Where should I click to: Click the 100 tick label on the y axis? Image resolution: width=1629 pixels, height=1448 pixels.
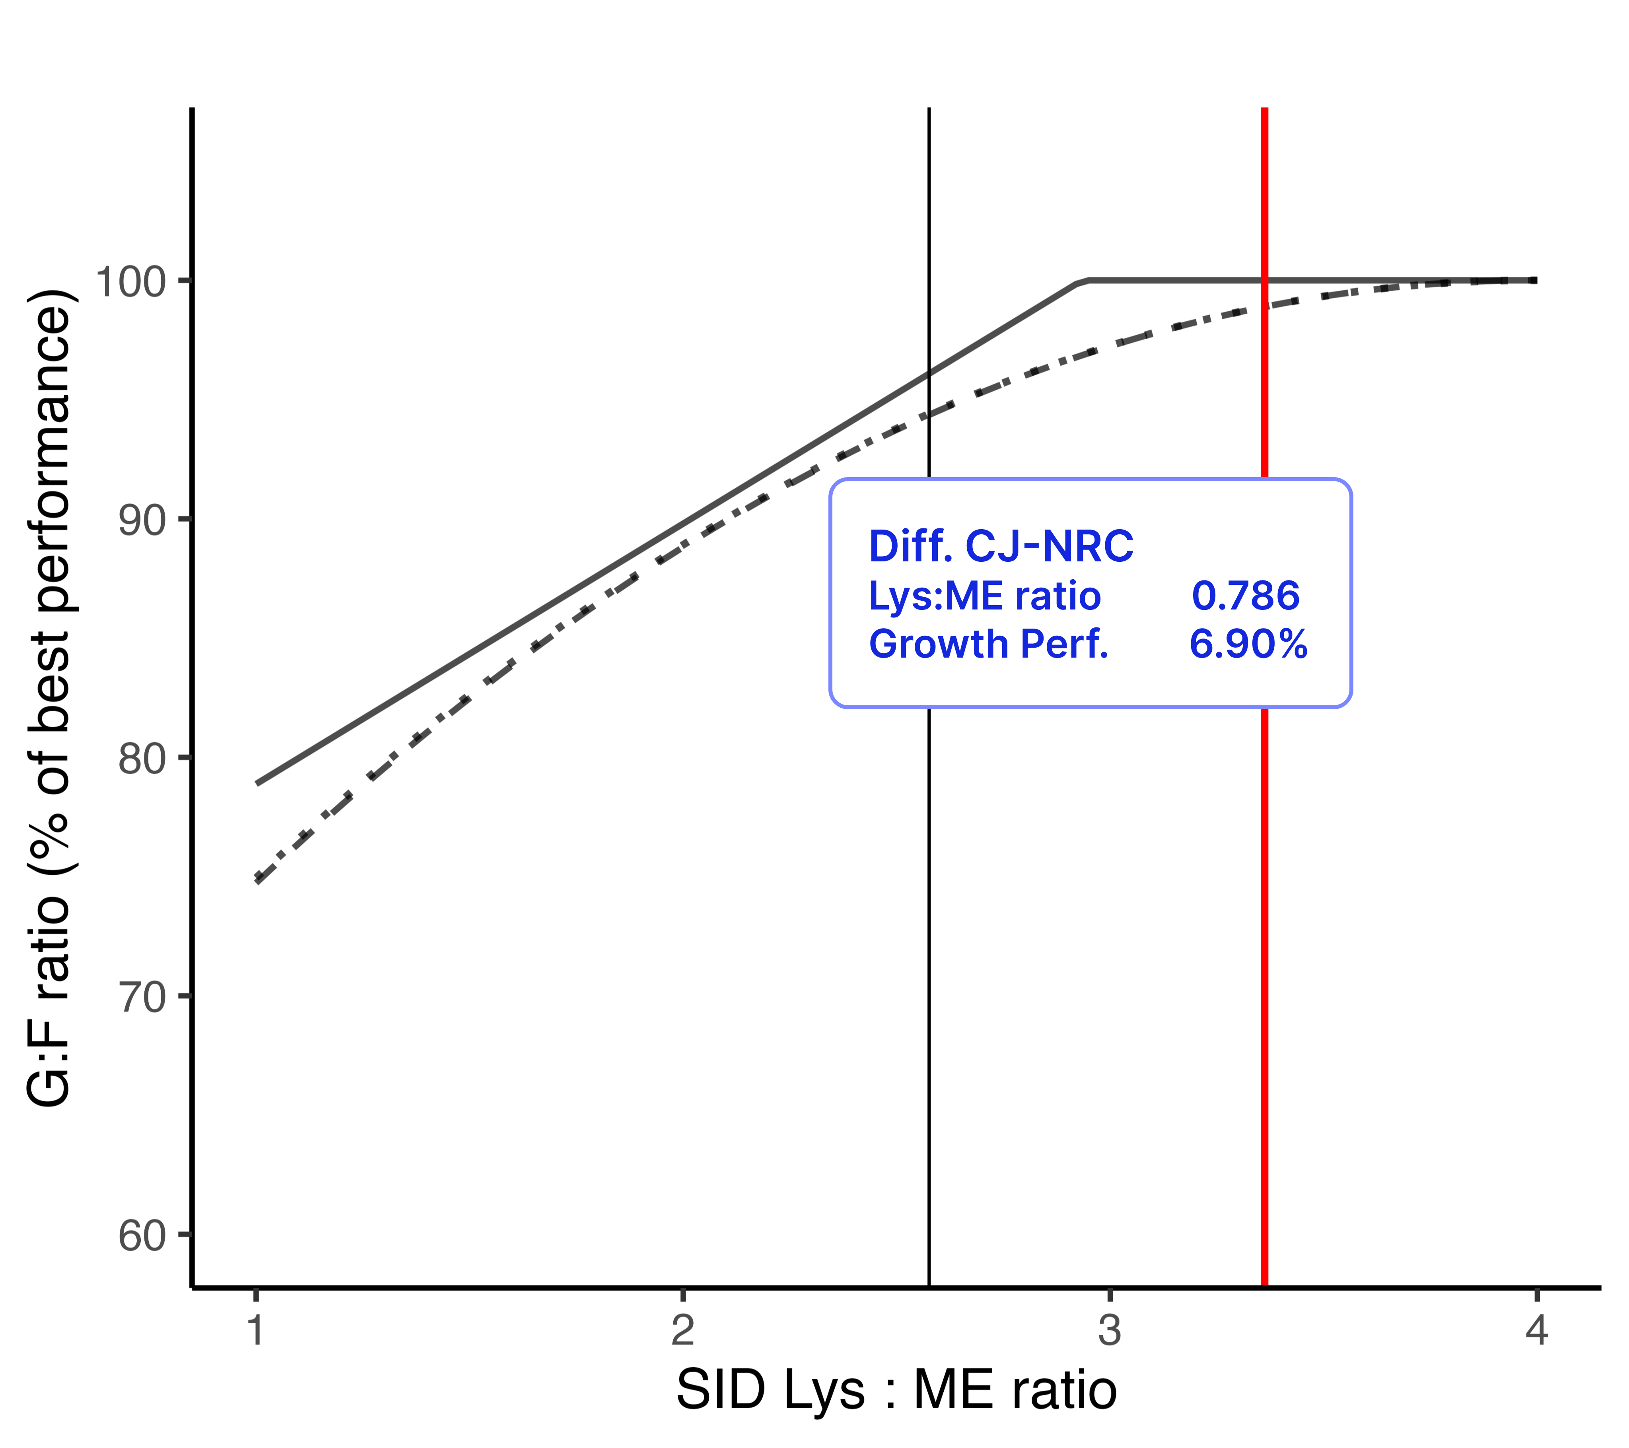pos(130,281)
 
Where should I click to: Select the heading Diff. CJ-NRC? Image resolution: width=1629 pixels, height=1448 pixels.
pos(1001,547)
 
